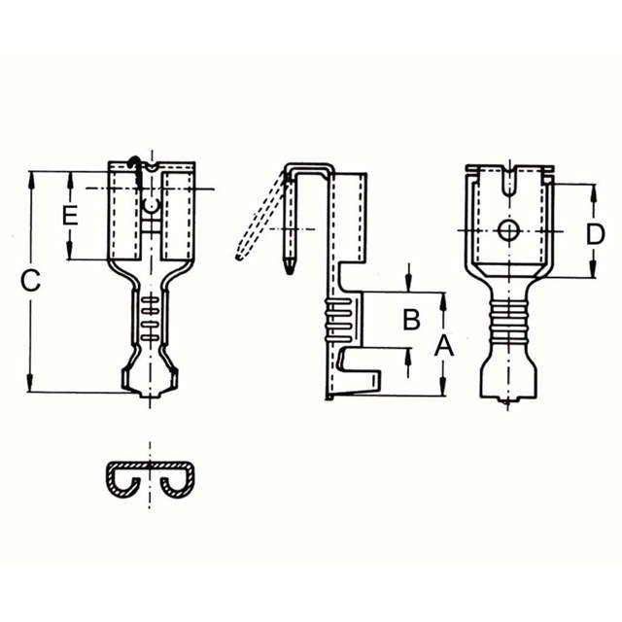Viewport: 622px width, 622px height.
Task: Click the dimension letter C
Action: click(31, 282)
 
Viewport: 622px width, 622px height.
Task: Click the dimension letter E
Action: click(69, 216)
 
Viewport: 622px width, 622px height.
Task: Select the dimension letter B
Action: click(411, 318)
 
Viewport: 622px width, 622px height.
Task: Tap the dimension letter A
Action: click(443, 344)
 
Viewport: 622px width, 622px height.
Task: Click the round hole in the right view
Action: click(505, 230)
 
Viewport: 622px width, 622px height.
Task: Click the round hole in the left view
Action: click(151, 205)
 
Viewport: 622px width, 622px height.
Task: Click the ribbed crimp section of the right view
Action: click(505, 320)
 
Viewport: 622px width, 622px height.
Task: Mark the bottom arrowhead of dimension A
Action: click(443, 391)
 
